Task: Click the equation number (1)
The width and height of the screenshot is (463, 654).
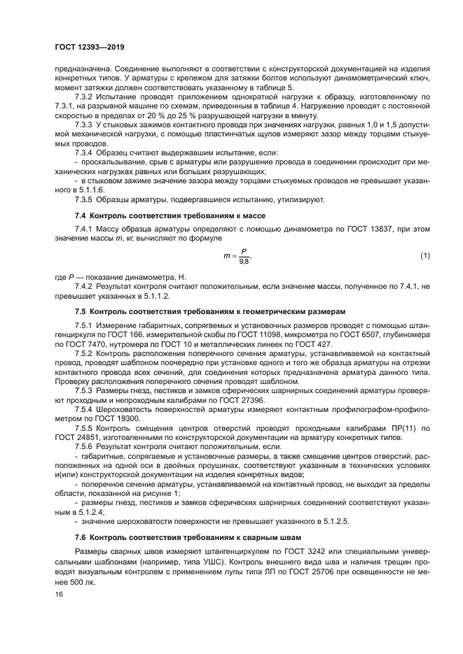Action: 425,255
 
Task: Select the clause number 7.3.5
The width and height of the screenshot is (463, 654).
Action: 83,200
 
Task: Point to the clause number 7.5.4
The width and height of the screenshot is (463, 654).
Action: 83,407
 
